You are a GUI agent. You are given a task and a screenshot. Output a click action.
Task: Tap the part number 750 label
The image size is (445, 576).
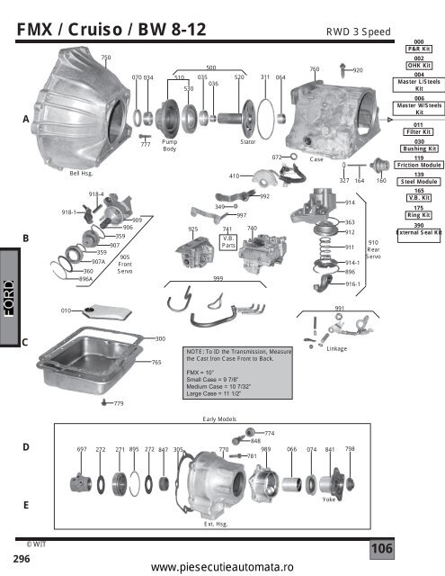point(105,58)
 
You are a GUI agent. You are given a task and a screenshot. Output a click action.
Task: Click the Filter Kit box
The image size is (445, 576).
point(418,130)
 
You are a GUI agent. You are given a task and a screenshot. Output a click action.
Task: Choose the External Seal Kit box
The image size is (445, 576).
point(418,232)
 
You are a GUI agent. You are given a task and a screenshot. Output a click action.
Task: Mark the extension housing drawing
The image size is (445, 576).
point(216,486)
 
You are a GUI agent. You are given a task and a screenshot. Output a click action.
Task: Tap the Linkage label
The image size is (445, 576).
point(337,348)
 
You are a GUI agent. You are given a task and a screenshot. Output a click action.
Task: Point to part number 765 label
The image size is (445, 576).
point(156,362)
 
